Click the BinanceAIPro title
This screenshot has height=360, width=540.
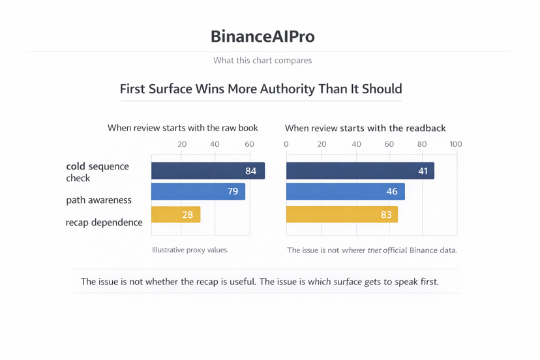click(262, 36)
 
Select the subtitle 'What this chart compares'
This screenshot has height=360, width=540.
click(262, 61)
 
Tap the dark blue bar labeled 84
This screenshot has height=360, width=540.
click(207, 171)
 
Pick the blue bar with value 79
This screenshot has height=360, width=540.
click(198, 192)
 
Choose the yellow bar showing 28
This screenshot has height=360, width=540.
click(175, 214)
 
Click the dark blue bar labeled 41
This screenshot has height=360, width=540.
click(359, 171)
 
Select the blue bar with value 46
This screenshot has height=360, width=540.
click(345, 192)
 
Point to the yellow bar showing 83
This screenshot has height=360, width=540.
click(342, 214)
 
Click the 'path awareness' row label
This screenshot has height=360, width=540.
click(98, 200)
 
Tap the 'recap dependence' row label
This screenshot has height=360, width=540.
click(104, 222)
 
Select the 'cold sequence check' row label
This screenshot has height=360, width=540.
click(97, 172)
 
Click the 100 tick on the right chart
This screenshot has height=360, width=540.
click(455, 144)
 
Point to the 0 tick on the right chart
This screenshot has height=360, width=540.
click(286, 144)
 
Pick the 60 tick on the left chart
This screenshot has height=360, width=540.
click(249, 144)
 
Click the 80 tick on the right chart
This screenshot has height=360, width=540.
click(422, 144)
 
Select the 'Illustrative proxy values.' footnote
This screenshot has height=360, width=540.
click(190, 250)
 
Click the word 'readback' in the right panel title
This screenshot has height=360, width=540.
click(423, 128)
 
